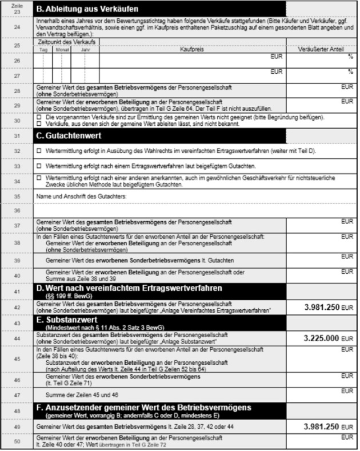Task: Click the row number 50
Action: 17,440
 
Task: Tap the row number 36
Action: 17,210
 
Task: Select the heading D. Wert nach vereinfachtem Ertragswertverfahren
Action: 129,288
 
